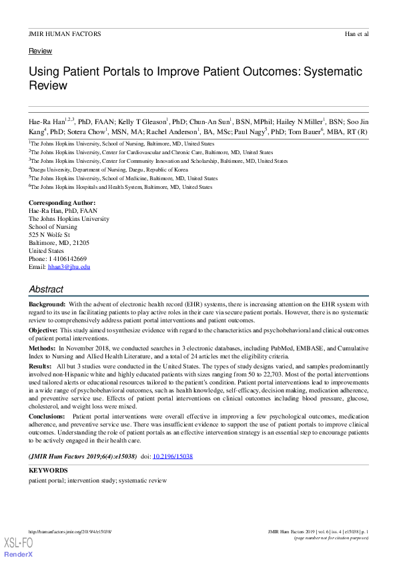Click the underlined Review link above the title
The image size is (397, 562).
coord(40,51)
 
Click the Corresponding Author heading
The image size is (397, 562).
coord(62,202)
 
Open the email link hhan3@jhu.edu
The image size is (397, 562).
coord(69,267)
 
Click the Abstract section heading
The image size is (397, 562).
coord(46,290)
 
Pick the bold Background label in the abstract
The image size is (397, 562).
coord(47,304)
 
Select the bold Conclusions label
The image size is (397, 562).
coord(47,416)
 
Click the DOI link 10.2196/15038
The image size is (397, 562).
coord(173,457)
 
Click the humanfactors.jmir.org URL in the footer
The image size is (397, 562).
coord(70,531)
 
